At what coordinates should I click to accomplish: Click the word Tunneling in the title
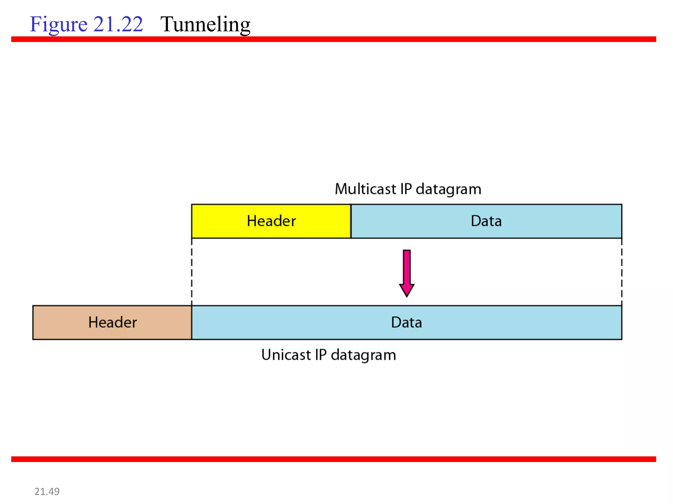205,25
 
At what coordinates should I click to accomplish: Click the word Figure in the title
58,25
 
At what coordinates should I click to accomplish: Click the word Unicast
286,355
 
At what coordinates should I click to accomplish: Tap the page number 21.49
47,491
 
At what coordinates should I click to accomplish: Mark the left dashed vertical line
192,272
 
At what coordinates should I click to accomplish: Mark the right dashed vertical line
622,272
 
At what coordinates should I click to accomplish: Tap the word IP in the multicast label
406,189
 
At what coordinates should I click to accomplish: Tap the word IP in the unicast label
321,355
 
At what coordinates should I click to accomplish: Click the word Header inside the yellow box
271,221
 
